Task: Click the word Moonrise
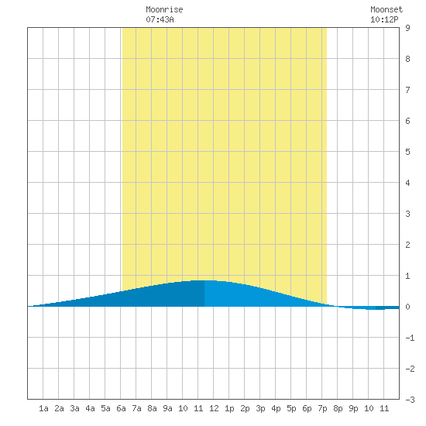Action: pos(164,9)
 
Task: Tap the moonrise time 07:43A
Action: pos(160,19)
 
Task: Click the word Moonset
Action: pos(386,9)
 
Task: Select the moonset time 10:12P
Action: pos(384,19)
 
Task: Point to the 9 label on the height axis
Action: pos(407,28)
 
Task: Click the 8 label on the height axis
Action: pos(407,59)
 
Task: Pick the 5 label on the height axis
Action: pos(407,152)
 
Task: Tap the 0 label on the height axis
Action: pos(407,307)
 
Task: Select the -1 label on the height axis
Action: pos(410,338)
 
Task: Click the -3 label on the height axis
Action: pos(410,400)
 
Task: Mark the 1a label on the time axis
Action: pos(43,408)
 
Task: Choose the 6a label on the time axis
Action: pos(121,408)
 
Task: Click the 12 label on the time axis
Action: pos(214,408)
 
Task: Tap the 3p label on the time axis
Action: pos(260,408)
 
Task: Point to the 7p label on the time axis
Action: pos(322,408)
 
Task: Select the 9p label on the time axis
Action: pos(353,408)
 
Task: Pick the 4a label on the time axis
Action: pos(90,408)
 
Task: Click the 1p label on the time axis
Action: pos(229,408)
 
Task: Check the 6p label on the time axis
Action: pos(307,408)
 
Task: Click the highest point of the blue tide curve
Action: pos(204,280)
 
